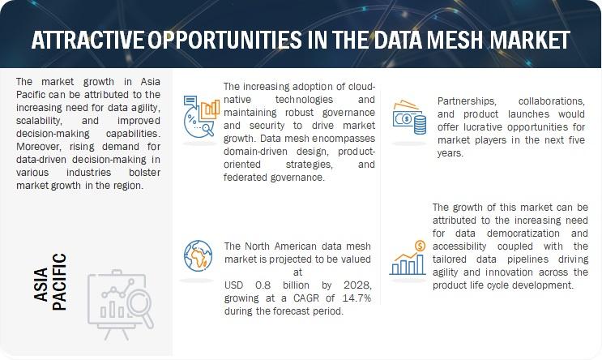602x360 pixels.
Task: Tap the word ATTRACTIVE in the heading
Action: click(x=88, y=40)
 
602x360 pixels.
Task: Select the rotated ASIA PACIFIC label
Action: click(x=50, y=281)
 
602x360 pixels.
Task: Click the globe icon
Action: click(x=198, y=255)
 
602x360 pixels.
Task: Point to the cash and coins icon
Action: click(x=409, y=118)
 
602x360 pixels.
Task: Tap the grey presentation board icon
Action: click(x=121, y=304)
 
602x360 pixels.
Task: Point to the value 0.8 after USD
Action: click(x=263, y=285)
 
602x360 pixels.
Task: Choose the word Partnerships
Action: click(x=467, y=101)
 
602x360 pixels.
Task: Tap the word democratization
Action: click(x=523, y=234)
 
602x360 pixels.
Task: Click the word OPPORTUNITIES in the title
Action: click(x=225, y=40)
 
